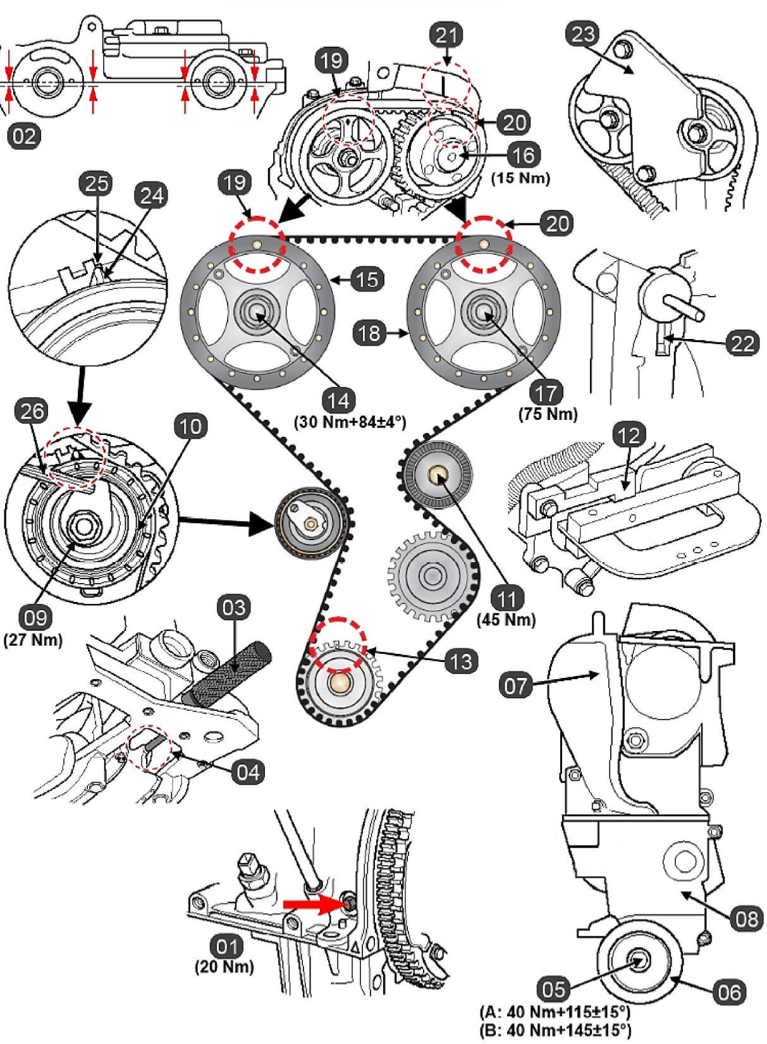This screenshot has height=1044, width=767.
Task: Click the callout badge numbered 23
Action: (582, 34)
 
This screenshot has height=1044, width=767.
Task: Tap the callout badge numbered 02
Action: (25, 136)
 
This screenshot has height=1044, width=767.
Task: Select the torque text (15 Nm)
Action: (520, 178)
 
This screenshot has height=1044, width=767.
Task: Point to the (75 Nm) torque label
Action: (548, 414)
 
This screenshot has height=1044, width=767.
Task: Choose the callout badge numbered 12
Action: (629, 435)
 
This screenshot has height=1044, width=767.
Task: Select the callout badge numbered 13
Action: (461, 661)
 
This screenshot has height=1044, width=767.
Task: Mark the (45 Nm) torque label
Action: (506, 620)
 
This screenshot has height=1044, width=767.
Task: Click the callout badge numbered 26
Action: (32, 412)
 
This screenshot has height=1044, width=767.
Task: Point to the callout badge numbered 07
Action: (516, 685)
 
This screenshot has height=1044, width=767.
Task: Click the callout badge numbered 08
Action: (746, 918)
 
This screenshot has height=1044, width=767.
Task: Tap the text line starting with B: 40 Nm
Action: (555, 1029)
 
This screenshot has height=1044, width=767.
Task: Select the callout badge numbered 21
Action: (446, 35)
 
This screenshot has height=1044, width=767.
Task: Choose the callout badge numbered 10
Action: (190, 427)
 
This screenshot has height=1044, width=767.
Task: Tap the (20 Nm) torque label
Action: (224, 966)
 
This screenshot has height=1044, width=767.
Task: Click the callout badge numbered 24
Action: (152, 195)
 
